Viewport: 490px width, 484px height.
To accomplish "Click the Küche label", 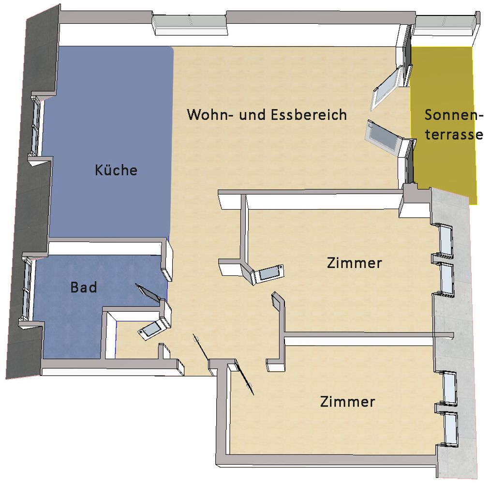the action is [x=116, y=170].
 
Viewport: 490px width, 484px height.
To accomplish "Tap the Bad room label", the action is [x=83, y=287].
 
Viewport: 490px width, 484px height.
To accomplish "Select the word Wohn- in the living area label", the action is [x=210, y=114].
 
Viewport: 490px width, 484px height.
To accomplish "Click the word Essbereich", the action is [x=309, y=114].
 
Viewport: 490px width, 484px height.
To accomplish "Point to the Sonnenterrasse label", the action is [x=454, y=125].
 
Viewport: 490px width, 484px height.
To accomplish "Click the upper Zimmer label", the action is [x=355, y=263].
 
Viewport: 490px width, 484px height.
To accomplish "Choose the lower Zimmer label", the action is [x=347, y=401].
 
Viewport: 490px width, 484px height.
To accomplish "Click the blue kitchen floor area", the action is [x=109, y=141].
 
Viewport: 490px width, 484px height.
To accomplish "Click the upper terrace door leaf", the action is [x=386, y=88].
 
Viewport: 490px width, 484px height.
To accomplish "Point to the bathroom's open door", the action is [x=149, y=294].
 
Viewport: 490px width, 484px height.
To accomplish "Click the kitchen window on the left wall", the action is [x=36, y=126].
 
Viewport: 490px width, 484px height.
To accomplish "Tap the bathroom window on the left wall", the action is [x=27, y=288].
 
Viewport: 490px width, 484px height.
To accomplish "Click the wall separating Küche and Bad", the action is [x=106, y=247].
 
